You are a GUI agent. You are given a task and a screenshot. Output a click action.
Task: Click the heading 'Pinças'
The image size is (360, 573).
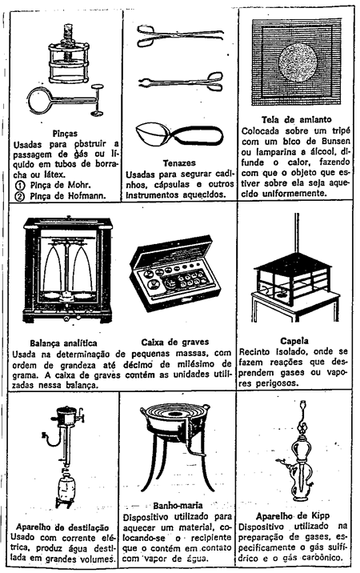coord(65,134)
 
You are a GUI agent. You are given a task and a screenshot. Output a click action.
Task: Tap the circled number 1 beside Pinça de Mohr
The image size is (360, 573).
coord(20,186)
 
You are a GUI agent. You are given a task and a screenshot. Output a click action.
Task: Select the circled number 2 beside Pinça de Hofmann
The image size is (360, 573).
coord(20,196)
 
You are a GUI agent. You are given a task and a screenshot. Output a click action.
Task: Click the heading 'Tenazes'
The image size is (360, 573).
coord(179,163)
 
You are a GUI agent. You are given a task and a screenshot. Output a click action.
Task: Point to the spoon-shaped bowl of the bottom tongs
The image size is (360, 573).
coord(151,134)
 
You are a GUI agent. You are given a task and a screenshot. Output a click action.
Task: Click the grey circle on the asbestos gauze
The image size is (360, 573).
coord(298,62)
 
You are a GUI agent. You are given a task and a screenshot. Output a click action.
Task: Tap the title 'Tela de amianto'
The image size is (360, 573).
coord(296,119)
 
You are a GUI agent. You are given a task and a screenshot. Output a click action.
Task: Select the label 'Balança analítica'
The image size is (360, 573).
coord(63,343)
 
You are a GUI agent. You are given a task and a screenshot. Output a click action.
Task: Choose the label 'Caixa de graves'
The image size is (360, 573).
coord(175,343)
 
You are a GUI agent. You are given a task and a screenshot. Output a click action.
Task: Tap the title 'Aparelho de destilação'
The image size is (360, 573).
coord(62,527)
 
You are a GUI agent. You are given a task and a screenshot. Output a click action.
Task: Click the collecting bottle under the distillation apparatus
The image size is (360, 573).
coord(66,488)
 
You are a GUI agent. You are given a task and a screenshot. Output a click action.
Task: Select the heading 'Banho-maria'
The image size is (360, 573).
coord(178,506)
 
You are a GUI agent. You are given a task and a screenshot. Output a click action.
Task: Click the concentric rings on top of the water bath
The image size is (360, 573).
coord(175,414)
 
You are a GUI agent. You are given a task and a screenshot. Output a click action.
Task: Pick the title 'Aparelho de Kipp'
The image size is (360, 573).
coord(292,516)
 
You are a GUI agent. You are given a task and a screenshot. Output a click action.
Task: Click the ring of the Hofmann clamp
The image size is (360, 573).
coord(41,99)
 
